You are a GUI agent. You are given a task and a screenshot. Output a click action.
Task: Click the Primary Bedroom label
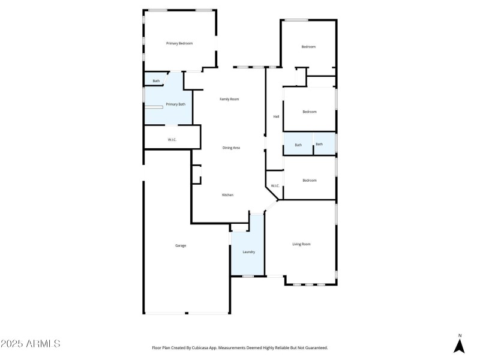[179, 43]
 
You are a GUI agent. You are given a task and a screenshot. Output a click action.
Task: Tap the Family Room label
[229, 99]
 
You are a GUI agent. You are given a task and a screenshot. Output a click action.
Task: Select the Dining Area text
[231, 148]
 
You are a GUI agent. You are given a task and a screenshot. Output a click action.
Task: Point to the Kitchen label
[227, 195]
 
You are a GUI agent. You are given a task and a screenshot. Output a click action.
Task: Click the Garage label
[180, 245]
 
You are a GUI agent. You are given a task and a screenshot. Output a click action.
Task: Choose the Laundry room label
[248, 252]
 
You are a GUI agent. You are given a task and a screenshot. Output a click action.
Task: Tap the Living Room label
[301, 244]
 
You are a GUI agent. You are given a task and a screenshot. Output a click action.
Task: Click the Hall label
[276, 116]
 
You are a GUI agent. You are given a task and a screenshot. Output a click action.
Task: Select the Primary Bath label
[175, 104]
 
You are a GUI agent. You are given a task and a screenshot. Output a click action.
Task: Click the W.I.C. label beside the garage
[172, 140]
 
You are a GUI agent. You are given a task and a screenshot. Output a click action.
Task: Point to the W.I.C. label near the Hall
[275, 186]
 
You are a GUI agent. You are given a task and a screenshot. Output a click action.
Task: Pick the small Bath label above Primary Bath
[156, 81]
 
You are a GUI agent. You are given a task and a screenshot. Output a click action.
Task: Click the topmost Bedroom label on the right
[308, 47]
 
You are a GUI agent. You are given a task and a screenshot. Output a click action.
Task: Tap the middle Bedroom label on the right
[310, 112]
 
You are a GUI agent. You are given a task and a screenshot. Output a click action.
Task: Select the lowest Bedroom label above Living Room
[310, 181]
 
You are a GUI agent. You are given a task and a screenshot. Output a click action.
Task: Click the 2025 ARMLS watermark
[31, 344]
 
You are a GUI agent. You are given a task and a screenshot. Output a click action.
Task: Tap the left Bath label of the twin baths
[298, 145]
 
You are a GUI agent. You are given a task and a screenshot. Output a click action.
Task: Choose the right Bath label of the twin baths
[319, 144]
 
